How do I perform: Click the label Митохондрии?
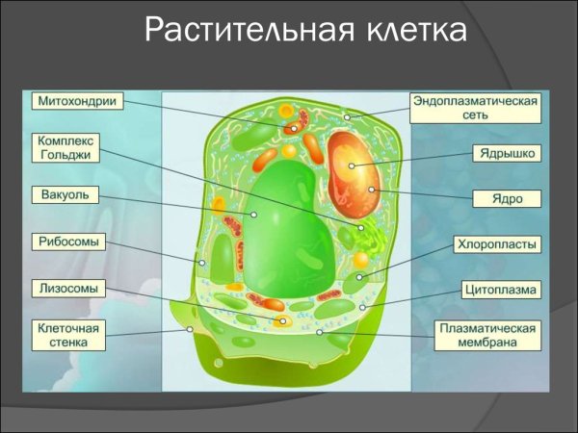[x=66, y=100]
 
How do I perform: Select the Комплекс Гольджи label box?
[x=66, y=147]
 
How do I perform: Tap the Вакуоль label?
[x=66, y=195]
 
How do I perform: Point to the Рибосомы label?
[x=66, y=242]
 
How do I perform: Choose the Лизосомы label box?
[x=66, y=287]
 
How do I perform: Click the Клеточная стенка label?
[x=66, y=334]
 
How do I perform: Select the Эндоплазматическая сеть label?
[x=475, y=107]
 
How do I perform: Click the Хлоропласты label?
[x=497, y=244]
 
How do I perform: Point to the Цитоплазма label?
[x=497, y=289]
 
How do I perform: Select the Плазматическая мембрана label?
[x=486, y=335]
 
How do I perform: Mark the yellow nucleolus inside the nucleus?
[x=352, y=166]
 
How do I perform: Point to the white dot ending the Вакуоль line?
[x=254, y=215]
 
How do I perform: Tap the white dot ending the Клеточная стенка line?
[x=190, y=330]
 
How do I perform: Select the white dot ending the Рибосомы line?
[x=202, y=263]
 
